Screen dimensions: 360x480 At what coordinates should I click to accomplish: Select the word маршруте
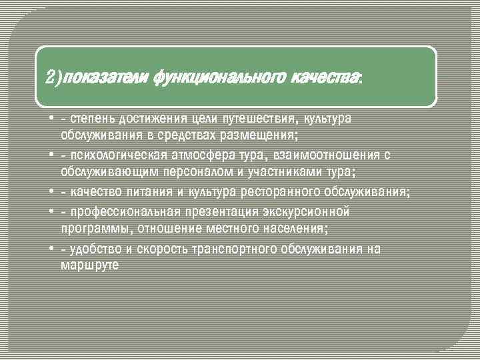[90, 265]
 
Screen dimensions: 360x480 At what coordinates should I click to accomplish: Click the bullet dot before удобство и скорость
[51, 249]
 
